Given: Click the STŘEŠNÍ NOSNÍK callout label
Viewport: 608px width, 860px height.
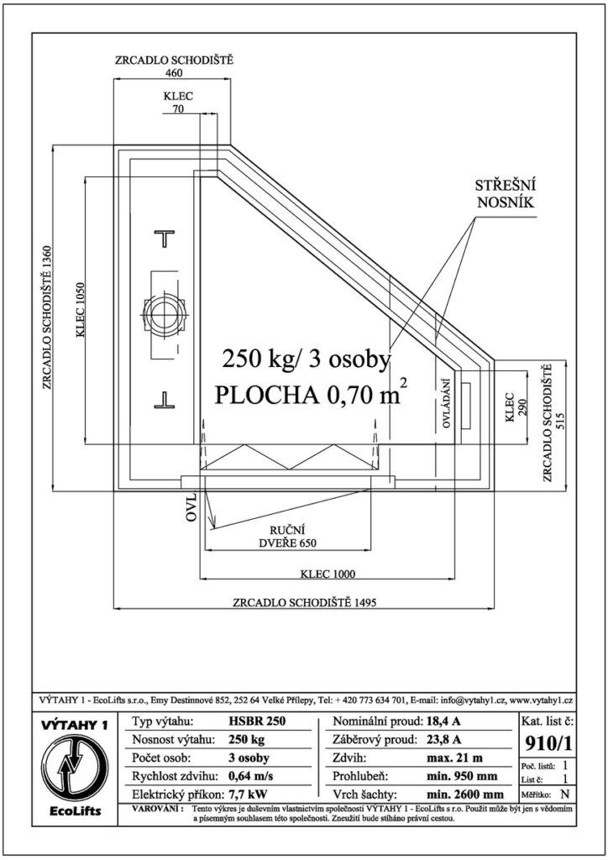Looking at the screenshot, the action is [505, 192].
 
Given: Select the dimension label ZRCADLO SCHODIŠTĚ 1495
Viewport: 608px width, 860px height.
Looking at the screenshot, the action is [304, 602].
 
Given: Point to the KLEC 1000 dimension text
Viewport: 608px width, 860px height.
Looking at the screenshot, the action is [328, 574].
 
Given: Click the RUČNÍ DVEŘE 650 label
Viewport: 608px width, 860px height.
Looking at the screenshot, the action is [286, 537].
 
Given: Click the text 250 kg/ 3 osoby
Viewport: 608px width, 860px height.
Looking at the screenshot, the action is [306, 359].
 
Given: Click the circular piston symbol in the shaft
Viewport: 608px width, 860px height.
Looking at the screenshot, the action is [162, 317].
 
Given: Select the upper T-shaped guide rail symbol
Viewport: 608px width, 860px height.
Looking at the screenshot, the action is [164, 238].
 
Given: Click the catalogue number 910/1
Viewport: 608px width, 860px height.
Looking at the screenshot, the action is [548, 743].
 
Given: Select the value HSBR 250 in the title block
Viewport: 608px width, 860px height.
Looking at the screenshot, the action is [257, 721].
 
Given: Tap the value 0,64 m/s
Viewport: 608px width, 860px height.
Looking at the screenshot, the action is [250, 776].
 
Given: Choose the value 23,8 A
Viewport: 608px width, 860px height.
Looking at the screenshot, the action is [443, 739].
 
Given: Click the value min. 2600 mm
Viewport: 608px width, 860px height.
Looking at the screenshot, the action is [465, 794].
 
